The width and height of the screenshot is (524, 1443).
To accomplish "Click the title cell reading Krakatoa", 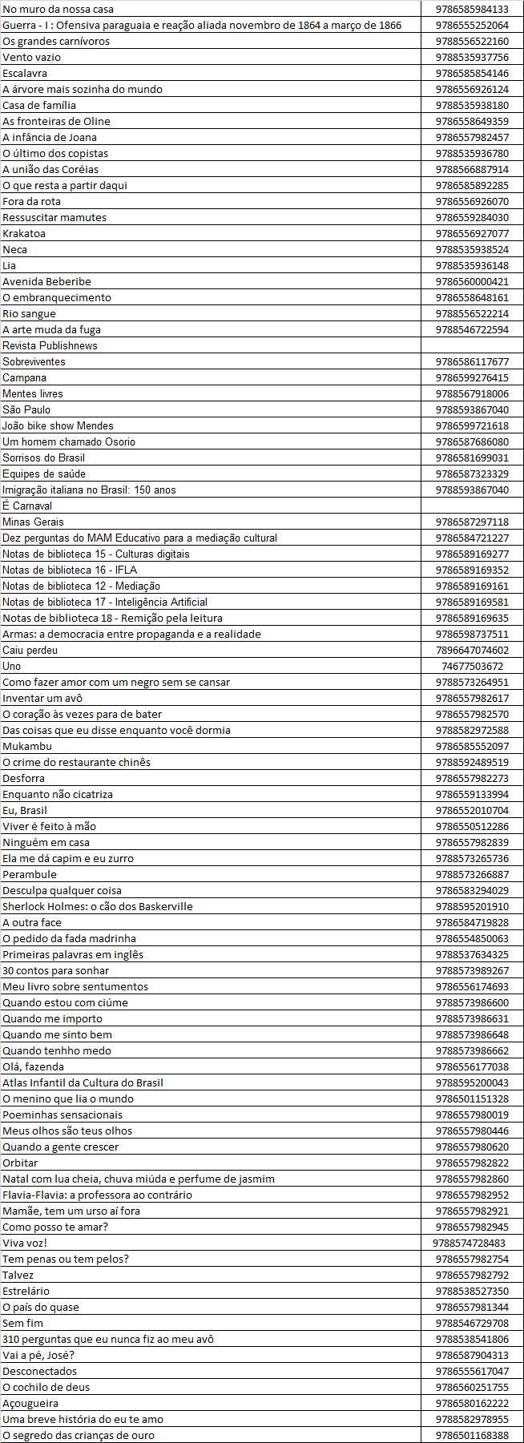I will click(24, 233).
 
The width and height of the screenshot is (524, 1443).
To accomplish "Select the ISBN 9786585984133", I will click(472, 9).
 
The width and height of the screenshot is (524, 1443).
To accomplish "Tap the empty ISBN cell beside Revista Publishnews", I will click(472, 345).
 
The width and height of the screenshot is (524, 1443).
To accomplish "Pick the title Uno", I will click(12, 666).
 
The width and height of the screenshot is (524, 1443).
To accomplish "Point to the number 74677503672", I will click(472, 666).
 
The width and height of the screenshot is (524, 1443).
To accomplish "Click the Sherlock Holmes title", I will click(97, 906).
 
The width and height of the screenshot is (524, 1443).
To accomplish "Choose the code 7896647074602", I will click(472, 650).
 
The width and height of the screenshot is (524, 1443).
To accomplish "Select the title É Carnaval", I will click(27, 506).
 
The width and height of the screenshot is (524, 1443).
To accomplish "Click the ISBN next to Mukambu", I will click(472, 746).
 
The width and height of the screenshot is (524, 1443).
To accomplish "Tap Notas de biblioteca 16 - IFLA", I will click(70, 570).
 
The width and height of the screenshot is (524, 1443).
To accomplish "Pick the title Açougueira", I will click(30, 1403).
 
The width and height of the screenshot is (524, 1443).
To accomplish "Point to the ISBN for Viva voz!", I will click(469, 1243).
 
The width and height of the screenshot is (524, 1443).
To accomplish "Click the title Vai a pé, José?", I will click(38, 1355).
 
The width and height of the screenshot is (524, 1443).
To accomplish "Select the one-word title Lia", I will click(10, 265).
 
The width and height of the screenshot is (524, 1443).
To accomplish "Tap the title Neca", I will click(14, 249).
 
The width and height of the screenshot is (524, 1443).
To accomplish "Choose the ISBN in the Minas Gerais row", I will click(472, 522).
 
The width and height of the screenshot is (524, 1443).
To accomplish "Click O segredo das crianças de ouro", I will click(79, 1435).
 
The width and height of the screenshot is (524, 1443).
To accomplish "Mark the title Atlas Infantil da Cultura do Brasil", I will click(83, 1082).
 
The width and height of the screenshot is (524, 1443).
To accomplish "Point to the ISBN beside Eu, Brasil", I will click(472, 810).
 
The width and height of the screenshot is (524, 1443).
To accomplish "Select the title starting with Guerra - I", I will click(202, 25).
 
